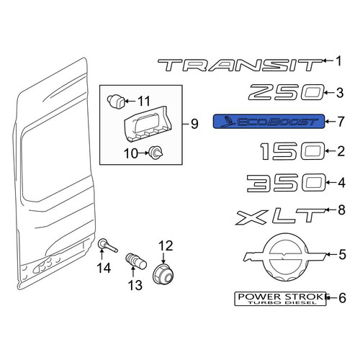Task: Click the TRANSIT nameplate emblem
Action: (240, 65)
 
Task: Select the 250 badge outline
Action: (286, 92)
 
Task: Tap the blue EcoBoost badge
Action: (269, 122)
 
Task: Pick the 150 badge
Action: (292, 151)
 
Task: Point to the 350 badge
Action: (287, 183)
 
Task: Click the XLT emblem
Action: (280, 217)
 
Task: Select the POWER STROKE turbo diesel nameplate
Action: (280, 299)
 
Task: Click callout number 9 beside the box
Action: (194, 124)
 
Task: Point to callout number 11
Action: (144, 101)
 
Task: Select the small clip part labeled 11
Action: (116, 100)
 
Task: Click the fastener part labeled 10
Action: (156, 153)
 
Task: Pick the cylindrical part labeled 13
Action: (136, 262)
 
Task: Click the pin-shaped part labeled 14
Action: (107, 246)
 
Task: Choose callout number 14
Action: (104, 268)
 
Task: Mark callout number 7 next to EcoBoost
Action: (341, 121)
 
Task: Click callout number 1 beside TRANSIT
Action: (338, 61)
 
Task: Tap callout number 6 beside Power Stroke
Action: (342, 298)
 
